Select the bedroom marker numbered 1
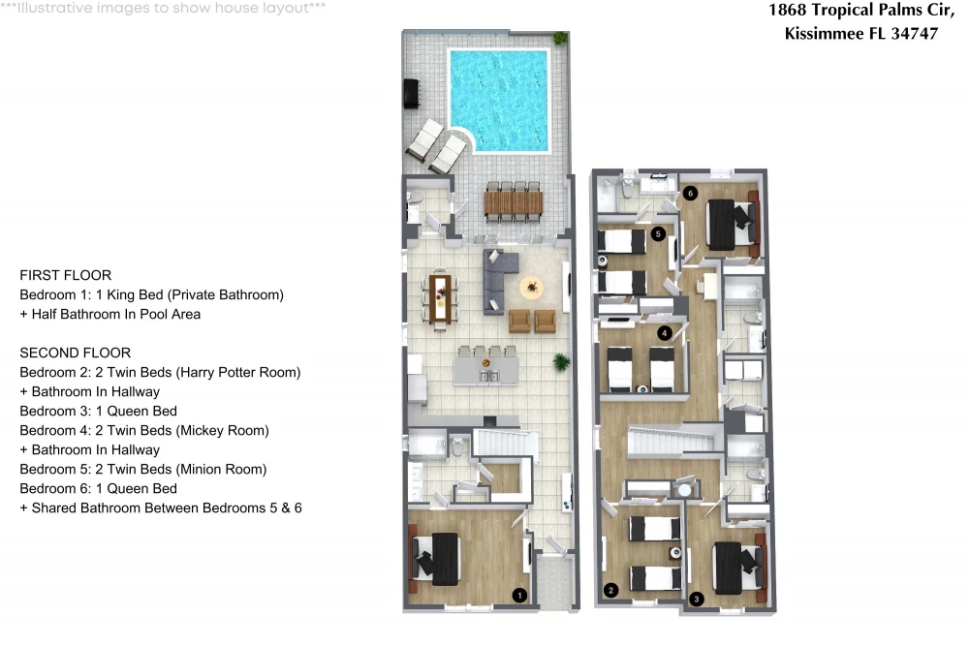pos(519,595)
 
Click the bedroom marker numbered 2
pos(611,590)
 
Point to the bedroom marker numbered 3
pos(697,599)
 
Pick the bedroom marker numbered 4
pos(665,333)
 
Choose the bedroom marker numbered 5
pos(658,233)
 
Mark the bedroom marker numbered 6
pos(690,193)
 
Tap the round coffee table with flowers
pos(531,288)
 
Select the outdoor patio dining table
pos(514,202)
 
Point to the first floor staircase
pos(501,444)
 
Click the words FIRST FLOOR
pos(66,275)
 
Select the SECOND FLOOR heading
pos(76,353)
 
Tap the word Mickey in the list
pos(201,430)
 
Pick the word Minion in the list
pos(200,470)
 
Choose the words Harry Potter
pos(223,373)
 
